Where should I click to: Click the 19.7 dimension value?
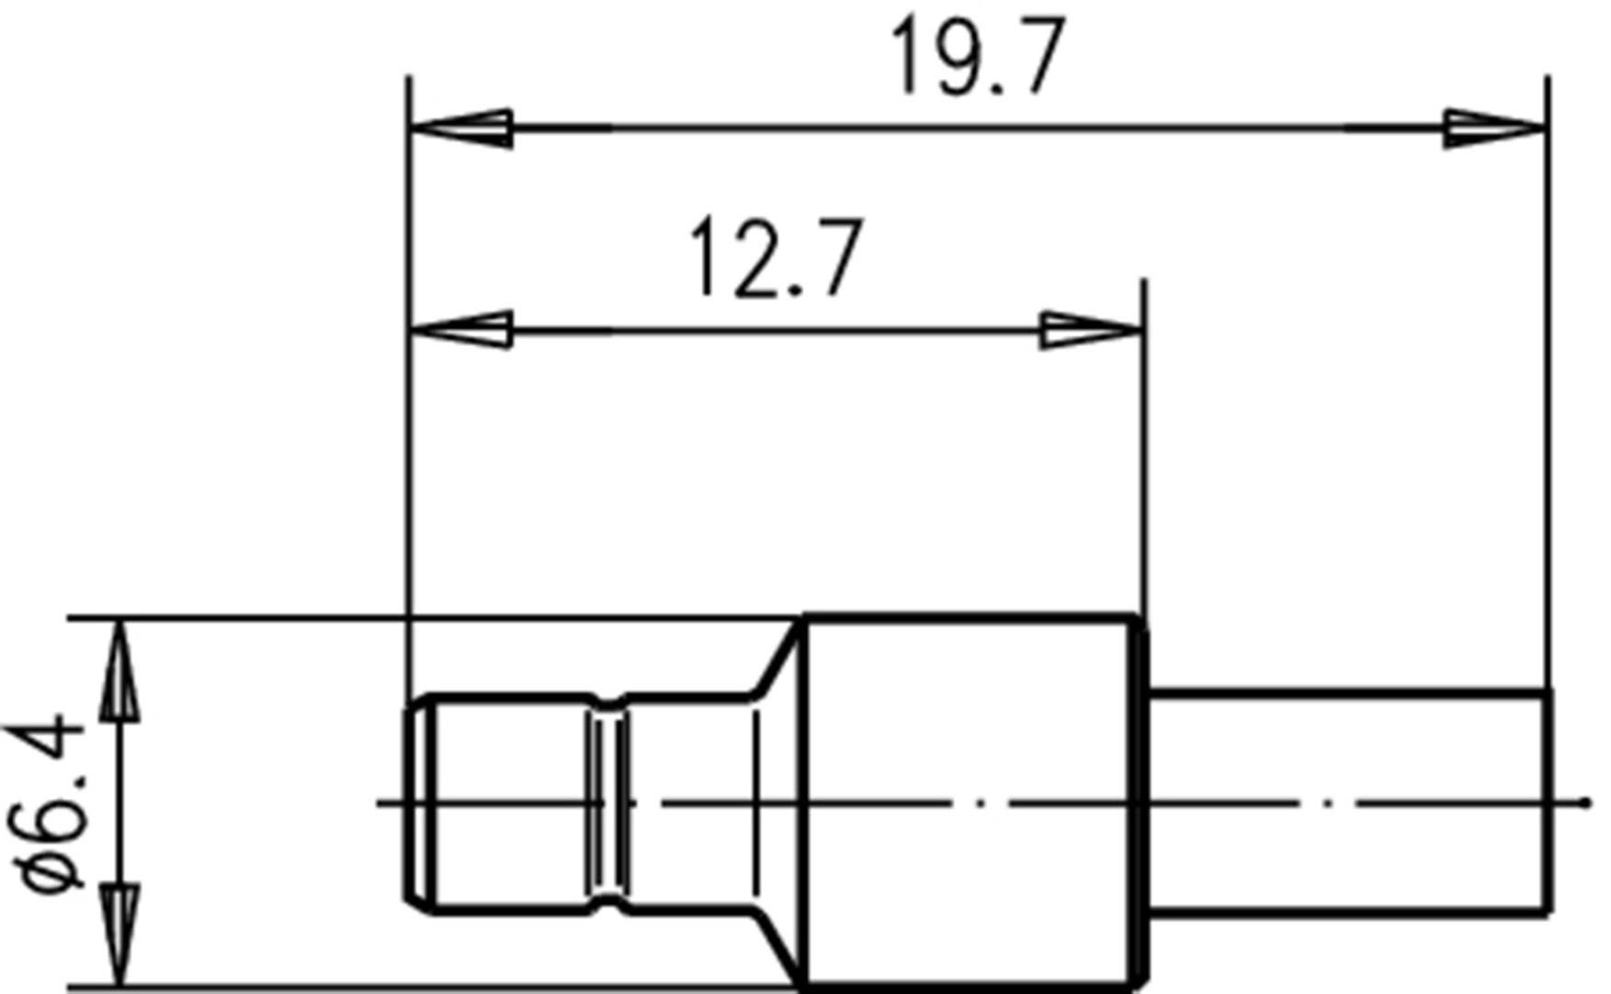point(977,57)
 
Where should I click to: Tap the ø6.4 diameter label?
point(46,804)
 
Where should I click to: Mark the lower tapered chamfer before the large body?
point(779,946)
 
